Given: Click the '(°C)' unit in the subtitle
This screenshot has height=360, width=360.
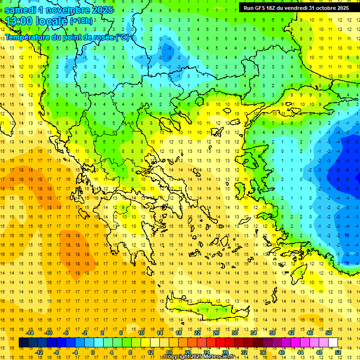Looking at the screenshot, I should [123, 37].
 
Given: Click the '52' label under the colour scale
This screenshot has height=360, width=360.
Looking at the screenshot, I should [338, 352].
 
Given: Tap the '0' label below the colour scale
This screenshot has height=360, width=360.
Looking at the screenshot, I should [92, 352].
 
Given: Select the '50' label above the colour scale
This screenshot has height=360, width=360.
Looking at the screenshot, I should [329, 333].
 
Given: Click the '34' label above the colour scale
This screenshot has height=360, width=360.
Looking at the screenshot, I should [254, 333].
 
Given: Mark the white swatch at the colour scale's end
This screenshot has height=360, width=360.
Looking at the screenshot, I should [333, 343].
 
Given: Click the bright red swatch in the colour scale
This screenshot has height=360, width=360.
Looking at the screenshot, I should [220, 343].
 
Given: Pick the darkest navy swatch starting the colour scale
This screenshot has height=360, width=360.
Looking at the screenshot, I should [23, 343].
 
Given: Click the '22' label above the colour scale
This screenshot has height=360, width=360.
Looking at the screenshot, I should [197, 333].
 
